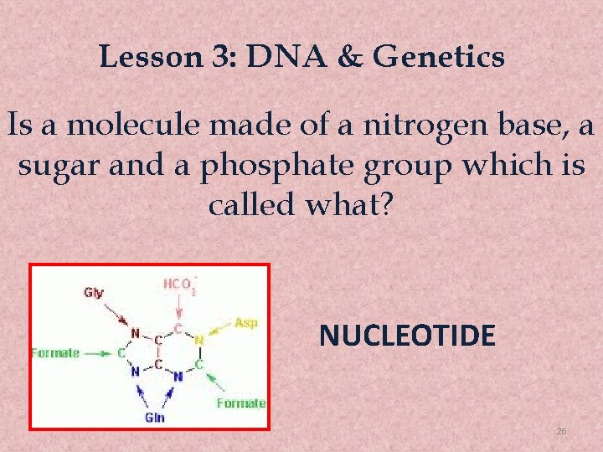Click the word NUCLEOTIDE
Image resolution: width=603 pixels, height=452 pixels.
407,336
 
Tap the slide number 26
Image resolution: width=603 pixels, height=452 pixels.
562,430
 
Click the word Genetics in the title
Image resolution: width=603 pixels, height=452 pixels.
439,57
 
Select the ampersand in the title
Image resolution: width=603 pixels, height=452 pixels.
346,57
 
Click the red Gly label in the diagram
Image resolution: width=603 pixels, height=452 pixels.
94,292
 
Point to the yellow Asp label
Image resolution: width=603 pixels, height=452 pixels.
245,323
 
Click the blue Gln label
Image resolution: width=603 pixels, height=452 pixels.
154,417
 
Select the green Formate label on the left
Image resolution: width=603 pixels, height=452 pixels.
55,352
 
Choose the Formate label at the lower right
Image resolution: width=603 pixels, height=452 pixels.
240,403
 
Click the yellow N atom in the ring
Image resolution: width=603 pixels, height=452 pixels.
198,341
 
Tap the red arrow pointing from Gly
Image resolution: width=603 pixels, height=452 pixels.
117,313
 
